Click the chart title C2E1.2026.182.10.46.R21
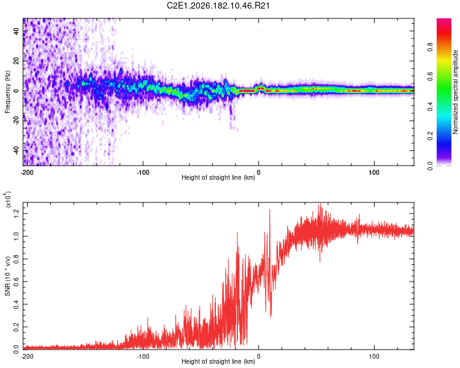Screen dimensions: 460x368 point(218,6)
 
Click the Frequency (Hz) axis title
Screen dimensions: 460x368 point(7,92)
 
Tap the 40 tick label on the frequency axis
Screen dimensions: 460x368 point(17,31)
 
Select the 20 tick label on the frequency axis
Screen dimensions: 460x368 point(17,61)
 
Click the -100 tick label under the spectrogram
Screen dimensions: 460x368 point(143,172)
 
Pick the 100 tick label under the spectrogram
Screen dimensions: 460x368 point(374,172)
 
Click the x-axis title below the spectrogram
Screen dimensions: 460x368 point(218,177)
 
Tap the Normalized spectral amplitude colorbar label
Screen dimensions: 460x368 point(455,92)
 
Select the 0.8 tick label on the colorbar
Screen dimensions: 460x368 point(430,47)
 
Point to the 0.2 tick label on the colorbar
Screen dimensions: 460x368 point(430,136)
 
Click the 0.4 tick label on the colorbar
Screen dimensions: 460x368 point(430,106)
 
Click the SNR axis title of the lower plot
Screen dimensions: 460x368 point(7,276)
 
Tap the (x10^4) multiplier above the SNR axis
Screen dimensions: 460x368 point(8,199)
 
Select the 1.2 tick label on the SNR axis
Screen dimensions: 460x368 point(17,213)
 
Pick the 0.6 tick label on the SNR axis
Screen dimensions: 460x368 point(17,282)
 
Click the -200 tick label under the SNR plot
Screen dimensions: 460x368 point(27,356)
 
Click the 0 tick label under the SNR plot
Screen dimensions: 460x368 point(258,356)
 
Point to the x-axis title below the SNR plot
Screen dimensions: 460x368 point(218,361)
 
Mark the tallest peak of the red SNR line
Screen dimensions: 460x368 point(320,203)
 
